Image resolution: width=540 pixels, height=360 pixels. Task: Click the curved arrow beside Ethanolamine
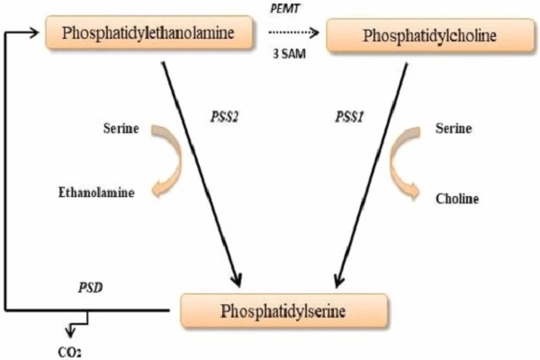tap(165, 160)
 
